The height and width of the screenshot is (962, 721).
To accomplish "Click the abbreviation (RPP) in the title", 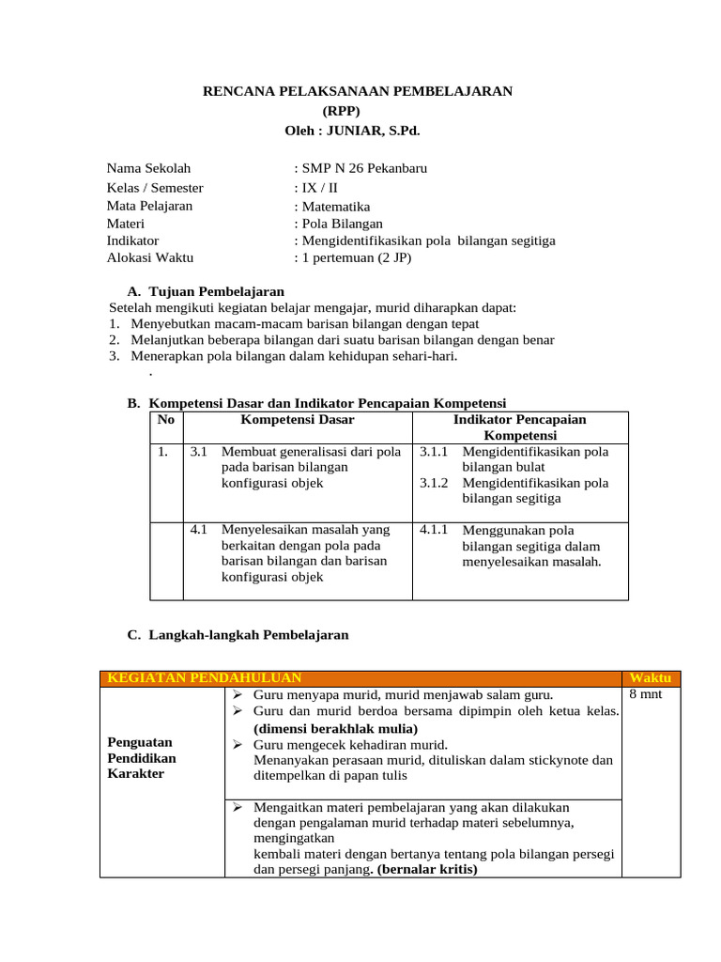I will [x=360, y=110].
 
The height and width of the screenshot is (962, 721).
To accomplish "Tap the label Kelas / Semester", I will [x=155, y=188].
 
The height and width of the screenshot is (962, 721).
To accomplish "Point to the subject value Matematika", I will [x=335, y=207].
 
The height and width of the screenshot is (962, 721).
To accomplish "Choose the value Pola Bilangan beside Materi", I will [x=342, y=224].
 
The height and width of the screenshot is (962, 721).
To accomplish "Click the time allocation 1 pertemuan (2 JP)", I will [x=356, y=257].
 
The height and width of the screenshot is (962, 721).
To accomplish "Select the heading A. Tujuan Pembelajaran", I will [x=205, y=291].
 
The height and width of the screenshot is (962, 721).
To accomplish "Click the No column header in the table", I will [x=166, y=419].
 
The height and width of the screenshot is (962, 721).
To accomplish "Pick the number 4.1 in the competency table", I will [x=199, y=530].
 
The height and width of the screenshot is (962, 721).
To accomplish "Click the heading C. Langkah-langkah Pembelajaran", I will [x=238, y=635].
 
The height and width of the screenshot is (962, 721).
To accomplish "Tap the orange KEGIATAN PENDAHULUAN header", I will [x=205, y=678].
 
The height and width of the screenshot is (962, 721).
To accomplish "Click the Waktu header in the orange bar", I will [x=651, y=678].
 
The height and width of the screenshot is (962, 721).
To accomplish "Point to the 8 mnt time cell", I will [x=646, y=694].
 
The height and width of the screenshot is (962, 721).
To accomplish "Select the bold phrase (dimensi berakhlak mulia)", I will [x=335, y=729].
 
